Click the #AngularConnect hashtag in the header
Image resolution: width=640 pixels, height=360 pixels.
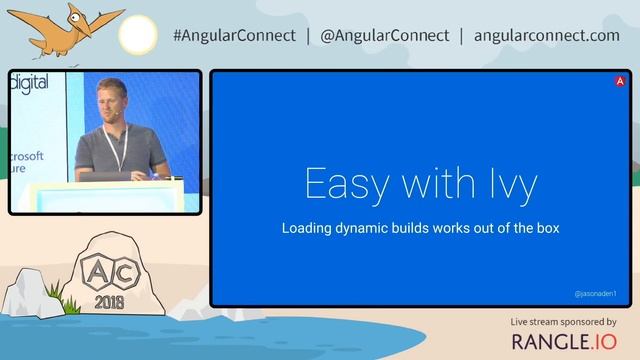coord(234,35)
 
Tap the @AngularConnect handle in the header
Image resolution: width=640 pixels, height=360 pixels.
coord(384,35)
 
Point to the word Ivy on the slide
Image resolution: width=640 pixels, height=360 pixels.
coord(510,185)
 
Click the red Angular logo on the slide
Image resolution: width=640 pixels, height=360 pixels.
coord(621,81)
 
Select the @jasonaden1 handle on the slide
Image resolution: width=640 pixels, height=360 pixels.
coord(596,294)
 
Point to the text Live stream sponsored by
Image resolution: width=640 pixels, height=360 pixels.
coord(563,322)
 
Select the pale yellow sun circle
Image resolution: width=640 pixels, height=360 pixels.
coord(137,35)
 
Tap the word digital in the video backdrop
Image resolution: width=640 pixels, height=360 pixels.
coord(29,83)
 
